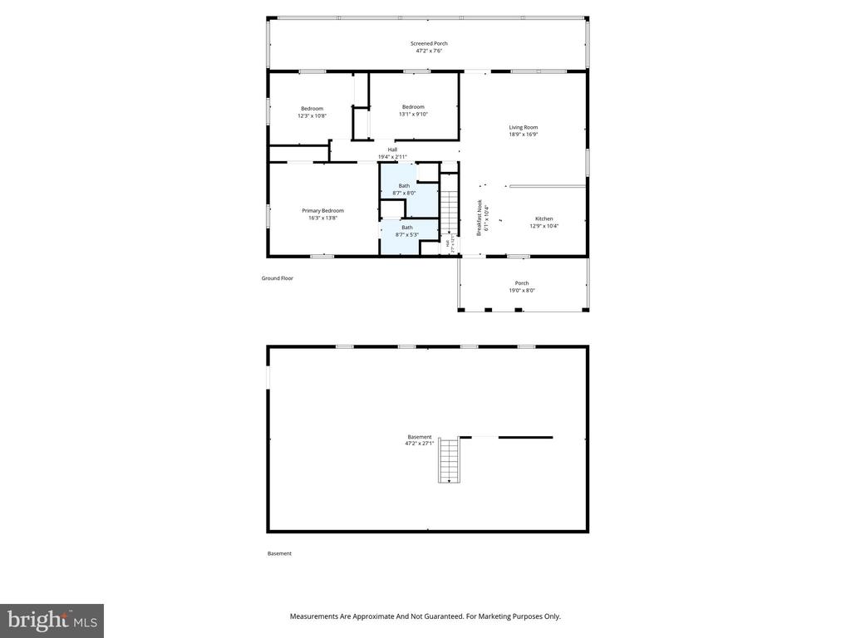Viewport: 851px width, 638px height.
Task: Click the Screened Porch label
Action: [429, 43]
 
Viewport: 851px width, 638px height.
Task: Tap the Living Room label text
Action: [523, 127]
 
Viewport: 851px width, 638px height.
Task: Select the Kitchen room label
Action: [544, 218]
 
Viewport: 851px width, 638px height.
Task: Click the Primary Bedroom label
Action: [322, 210]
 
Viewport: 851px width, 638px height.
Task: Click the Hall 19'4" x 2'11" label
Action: [392, 153]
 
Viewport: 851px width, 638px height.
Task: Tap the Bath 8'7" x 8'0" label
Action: [404, 189]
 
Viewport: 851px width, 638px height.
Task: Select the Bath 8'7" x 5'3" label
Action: [406, 231]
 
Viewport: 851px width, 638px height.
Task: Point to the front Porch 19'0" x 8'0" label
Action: [522, 287]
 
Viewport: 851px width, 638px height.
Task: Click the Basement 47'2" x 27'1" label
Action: [419, 440]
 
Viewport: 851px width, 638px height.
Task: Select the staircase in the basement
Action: [449, 460]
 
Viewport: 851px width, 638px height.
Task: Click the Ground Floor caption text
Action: [277, 278]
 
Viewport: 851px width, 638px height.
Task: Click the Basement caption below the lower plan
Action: [279, 553]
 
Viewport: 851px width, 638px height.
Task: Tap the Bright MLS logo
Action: [52, 620]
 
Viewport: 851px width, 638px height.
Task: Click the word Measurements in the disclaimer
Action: [314, 616]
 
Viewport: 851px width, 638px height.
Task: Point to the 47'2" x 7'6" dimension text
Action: [429, 51]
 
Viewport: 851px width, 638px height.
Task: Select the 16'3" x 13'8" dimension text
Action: [322, 218]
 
